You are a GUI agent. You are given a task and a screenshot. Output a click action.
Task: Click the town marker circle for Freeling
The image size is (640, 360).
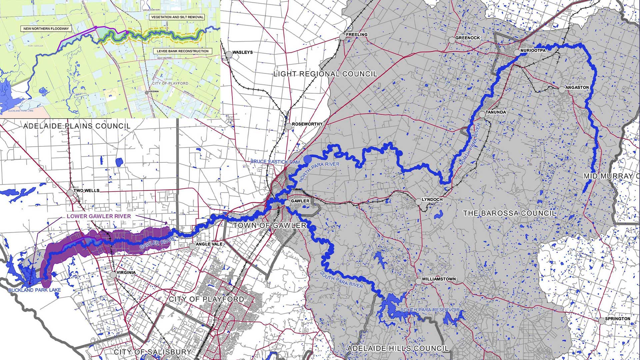tap(342, 37)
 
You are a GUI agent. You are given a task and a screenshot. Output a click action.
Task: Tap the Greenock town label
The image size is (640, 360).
tap(467, 38)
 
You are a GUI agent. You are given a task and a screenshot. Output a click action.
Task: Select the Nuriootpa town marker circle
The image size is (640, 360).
tap(517, 53)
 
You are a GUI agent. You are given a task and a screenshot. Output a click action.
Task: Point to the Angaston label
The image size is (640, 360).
tap(577, 87)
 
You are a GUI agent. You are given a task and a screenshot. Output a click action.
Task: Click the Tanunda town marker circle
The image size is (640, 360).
tap(482, 114)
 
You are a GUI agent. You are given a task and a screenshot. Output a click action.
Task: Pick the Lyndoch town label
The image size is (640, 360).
tap(432, 200)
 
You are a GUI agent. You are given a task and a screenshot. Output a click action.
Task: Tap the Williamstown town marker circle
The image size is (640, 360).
tap(418, 281)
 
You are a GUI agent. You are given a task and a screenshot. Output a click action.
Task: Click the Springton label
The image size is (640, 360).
tap(617, 319)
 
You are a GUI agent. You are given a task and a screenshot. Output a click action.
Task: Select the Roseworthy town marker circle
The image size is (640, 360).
tap(288, 126)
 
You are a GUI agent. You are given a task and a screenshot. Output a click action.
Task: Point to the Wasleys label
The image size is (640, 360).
tap(242, 52)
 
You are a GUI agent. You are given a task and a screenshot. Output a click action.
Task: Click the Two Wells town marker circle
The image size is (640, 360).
tap(70, 193)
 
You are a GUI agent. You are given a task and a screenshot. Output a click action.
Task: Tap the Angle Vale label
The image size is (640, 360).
tap(209, 244)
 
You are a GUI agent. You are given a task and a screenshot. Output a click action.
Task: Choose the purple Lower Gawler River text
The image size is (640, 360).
tap(99, 216)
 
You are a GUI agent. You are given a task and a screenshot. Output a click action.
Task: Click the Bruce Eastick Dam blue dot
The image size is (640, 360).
tap(307, 159)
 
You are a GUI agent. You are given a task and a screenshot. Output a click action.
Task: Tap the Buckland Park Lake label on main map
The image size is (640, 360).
tap(35, 290)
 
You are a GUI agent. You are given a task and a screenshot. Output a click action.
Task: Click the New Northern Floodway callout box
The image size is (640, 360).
tap(46, 29)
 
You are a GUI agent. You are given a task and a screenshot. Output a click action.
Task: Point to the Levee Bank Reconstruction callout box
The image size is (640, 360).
tap(182, 51)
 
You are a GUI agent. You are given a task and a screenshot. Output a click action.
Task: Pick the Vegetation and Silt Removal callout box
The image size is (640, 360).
tap(177, 17)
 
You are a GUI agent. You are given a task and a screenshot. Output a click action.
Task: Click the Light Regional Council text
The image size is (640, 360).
tap(325, 74)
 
